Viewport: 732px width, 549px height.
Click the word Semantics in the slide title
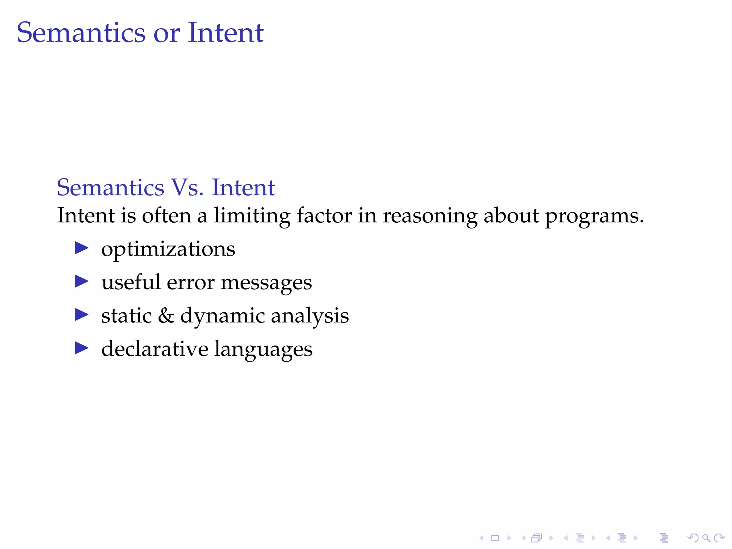(x=81, y=33)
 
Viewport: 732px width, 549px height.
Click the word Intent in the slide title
(x=226, y=33)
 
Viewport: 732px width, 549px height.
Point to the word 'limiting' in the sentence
(x=252, y=216)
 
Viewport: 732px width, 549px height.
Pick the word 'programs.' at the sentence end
(x=594, y=217)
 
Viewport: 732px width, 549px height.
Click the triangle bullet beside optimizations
(x=81, y=248)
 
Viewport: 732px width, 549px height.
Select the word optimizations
(x=168, y=249)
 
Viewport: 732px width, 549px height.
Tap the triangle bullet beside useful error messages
(x=81, y=281)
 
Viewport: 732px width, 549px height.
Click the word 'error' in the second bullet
(x=191, y=283)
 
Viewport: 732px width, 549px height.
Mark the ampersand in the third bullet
(x=166, y=316)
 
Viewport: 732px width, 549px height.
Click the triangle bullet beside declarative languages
(x=81, y=348)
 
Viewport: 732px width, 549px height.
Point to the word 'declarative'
(x=154, y=349)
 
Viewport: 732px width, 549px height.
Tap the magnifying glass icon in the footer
(x=706, y=538)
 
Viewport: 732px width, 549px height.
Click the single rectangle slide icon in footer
(x=495, y=538)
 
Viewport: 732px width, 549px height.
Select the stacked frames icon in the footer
(x=536, y=538)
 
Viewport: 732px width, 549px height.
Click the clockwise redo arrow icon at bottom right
(x=719, y=538)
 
